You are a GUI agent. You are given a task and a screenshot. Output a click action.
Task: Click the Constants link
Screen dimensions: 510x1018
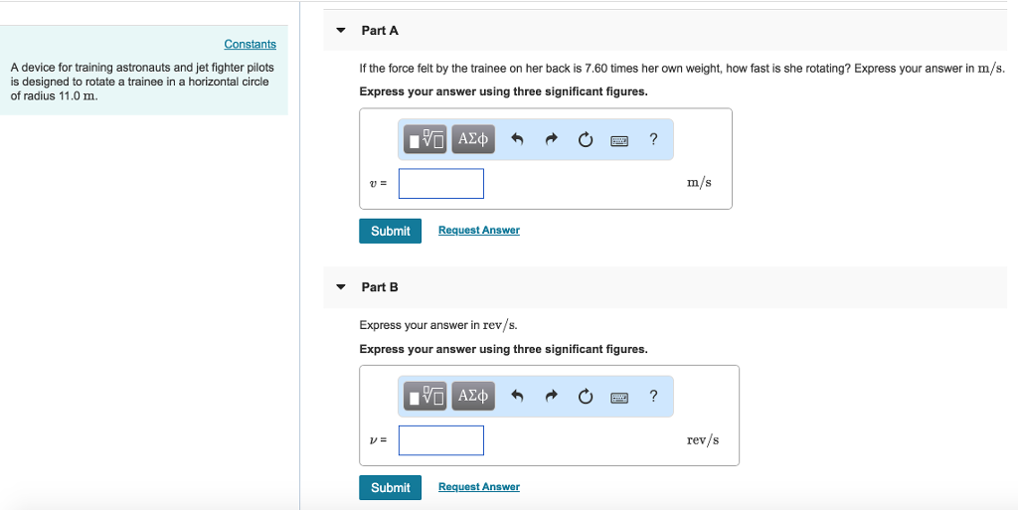click(x=250, y=44)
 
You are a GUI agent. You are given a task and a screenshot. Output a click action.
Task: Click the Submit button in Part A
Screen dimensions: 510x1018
click(x=390, y=231)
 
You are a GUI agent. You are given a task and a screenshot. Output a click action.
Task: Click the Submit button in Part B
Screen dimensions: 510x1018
click(x=390, y=487)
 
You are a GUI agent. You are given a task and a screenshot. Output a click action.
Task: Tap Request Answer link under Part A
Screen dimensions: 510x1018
click(x=478, y=231)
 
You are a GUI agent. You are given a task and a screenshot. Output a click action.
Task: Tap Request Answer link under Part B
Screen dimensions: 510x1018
click(x=478, y=487)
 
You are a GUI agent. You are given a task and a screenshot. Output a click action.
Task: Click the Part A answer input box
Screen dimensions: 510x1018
click(x=441, y=183)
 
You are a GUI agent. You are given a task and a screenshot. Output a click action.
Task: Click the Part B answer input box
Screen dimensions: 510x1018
click(x=441, y=440)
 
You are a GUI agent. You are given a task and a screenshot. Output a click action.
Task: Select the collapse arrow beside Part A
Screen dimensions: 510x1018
click(x=341, y=31)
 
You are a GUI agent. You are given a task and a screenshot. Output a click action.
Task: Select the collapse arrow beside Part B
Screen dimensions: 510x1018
click(x=341, y=287)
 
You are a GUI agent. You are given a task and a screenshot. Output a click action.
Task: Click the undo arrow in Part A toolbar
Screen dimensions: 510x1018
click(x=517, y=140)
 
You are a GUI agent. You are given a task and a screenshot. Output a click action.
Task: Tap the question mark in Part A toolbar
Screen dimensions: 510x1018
click(x=653, y=140)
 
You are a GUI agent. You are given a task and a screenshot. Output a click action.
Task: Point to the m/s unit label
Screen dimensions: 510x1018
click(x=699, y=183)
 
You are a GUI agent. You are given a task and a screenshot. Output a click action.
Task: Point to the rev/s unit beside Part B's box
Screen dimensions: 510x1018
click(x=702, y=440)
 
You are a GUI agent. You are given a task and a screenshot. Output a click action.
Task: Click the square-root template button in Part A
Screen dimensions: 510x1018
click(x=426, y=140)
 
